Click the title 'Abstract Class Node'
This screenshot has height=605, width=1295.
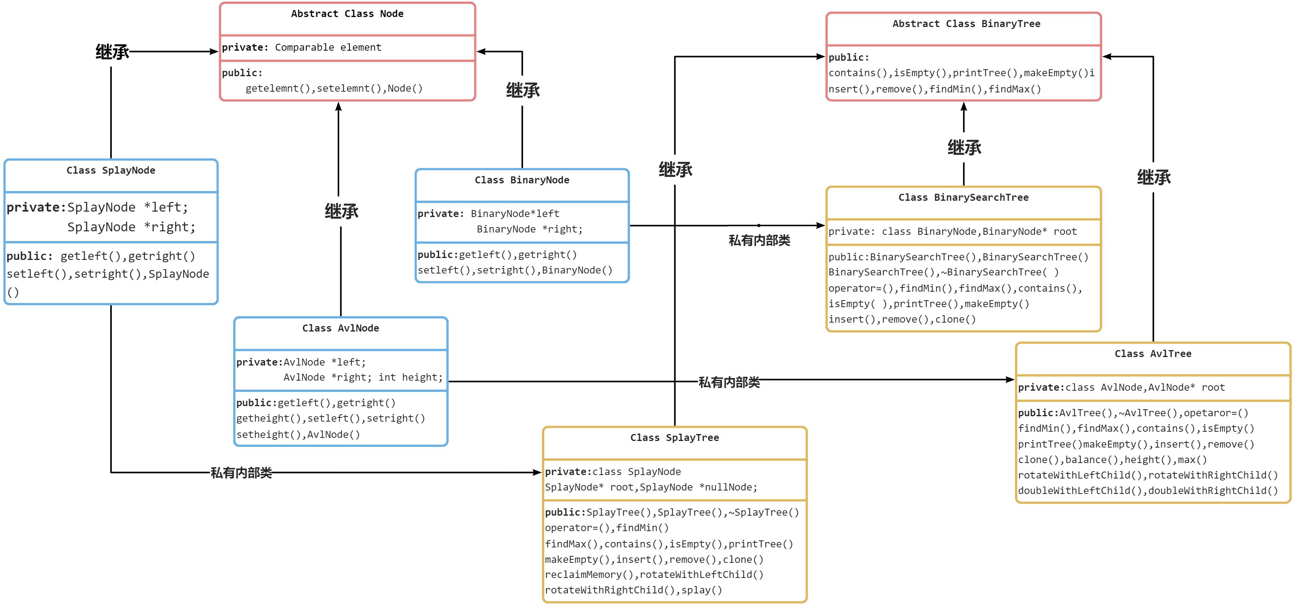[347, 14]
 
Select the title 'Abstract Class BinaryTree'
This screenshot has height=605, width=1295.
[966, 24]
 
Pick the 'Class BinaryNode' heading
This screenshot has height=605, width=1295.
[522, 180]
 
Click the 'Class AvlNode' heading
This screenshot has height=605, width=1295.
[340, 328]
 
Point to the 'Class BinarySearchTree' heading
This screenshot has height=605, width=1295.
[963, 197]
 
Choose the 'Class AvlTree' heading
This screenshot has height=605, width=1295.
[1153, 354]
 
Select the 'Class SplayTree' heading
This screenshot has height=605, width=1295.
[674, 438]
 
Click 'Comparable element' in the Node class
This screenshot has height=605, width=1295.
[328, 47]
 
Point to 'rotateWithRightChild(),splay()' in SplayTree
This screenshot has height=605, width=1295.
[633, 590]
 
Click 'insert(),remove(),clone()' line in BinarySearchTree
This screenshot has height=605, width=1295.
[902, 320]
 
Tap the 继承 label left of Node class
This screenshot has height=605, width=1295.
[113, 52]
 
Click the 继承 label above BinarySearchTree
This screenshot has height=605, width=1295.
[964, 147]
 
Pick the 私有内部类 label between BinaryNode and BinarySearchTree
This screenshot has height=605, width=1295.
[759, 240]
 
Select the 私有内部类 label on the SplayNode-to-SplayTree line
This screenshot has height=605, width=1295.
[241, 473]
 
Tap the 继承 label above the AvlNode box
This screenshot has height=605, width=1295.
[341, 211]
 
